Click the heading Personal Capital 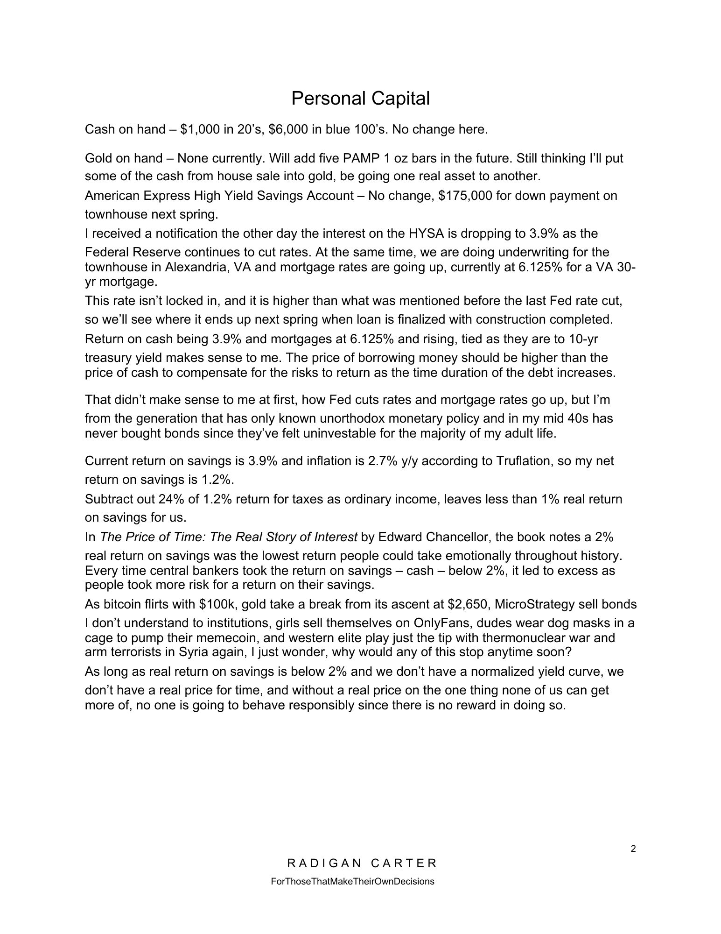click(360, 99)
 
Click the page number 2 click(633, 849)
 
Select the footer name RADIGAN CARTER click(362, 863)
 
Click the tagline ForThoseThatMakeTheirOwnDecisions click(352, 882)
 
